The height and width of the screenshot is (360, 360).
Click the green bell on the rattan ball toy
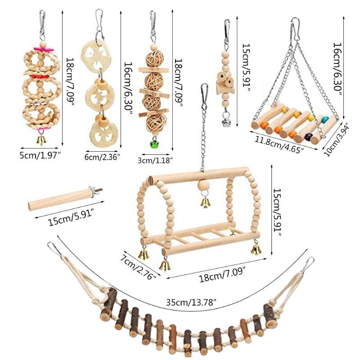[x=154, y=144]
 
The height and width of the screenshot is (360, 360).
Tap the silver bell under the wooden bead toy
[x=226, y=122]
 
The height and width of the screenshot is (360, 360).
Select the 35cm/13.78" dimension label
[x=191, y=302]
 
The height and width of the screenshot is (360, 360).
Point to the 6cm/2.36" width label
[x=102, y=157]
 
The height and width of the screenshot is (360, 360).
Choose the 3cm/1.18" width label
[x=155, y=160]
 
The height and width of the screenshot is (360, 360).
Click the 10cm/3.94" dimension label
[x=336, y=140]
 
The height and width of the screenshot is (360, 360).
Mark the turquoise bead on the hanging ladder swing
[x=324, y=120]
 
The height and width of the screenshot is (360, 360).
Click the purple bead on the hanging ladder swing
[x=308, y=137]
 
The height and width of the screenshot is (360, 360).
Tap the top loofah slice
[x=95, y=56]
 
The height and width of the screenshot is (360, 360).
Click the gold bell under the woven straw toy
[x=41, y=140]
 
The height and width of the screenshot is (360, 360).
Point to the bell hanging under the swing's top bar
[x=205, y=202]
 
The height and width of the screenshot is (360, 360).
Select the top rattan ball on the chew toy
[x=154, y=59]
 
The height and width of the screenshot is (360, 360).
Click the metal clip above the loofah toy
[x=99, y=23]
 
